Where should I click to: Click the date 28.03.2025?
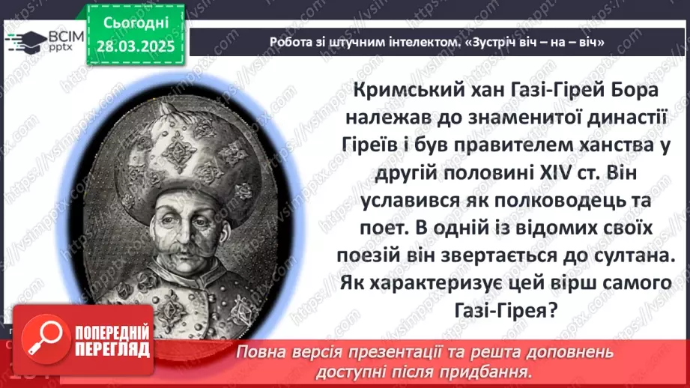click(135, 46)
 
